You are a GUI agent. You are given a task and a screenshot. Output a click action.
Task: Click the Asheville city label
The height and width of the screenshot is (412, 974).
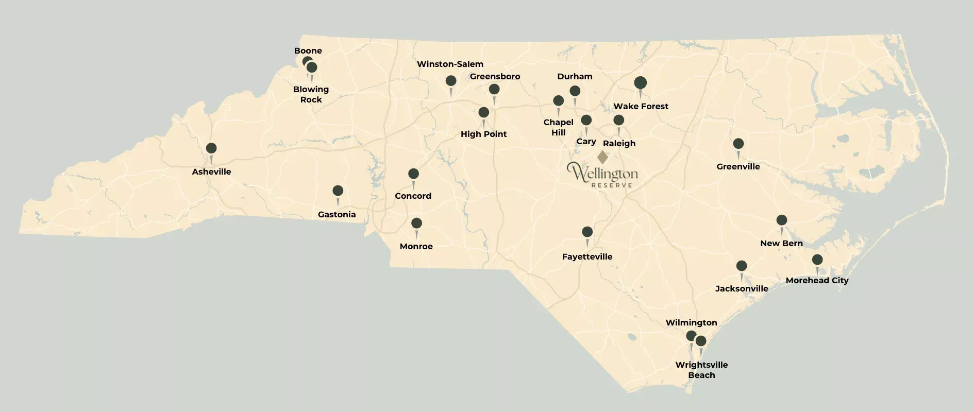point(211,171)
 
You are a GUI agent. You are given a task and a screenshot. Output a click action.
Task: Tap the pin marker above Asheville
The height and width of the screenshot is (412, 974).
point(211,149)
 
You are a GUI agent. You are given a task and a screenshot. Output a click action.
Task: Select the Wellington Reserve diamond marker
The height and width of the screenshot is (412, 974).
point(602,157)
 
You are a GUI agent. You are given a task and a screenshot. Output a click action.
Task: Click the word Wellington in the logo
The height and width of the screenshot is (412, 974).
point(602,173)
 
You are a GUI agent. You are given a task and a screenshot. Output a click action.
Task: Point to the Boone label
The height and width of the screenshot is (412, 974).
point(308,50)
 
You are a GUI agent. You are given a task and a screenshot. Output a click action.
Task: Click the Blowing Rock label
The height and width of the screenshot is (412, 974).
point(311,94)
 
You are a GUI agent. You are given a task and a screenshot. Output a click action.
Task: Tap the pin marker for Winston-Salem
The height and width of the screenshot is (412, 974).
point(451,81)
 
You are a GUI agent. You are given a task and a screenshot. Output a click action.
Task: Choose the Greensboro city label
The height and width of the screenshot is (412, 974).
point(495,76)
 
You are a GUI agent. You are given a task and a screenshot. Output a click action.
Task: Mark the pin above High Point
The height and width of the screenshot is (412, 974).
point(483,113)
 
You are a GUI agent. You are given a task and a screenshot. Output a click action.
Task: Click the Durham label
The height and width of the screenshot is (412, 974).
point(575,76)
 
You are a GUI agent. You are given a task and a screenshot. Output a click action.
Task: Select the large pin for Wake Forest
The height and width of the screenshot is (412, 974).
point(640,83)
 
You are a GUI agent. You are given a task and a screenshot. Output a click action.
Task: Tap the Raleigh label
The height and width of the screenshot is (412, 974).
point(619,143)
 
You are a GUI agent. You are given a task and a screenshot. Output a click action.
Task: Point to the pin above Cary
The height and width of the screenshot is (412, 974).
point(586,121)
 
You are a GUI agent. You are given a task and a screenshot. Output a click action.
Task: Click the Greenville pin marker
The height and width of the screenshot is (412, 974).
point(738,144)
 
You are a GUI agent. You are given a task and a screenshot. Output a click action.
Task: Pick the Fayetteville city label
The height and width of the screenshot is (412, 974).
point(587,256)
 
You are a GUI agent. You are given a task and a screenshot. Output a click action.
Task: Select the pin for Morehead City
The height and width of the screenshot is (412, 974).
point(817,260)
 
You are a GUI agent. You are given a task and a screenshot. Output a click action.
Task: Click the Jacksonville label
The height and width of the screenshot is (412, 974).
point(742,288)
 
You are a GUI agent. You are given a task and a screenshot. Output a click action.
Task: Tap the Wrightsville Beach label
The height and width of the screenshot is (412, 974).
point(701,370)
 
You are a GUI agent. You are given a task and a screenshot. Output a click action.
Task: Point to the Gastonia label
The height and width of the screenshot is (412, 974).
point(337,214)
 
